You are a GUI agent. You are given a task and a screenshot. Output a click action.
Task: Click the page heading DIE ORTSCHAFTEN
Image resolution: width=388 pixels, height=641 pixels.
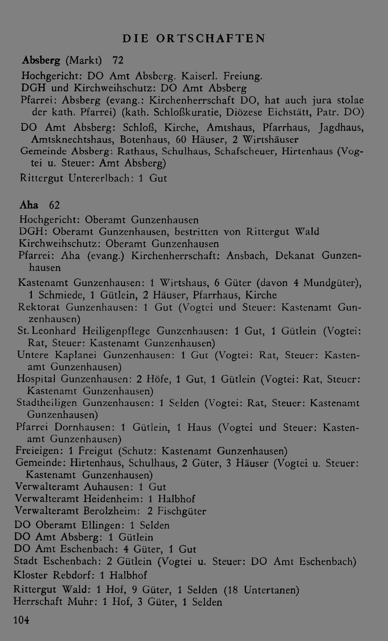pyautogui.click(x=194, y=38)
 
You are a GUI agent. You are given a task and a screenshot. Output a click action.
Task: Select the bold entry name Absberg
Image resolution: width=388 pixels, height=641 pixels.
pyautogui.click(x=41, y=60)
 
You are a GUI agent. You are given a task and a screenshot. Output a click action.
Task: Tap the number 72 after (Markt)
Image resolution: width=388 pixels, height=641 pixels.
pyautogui.click(x=118, y=60)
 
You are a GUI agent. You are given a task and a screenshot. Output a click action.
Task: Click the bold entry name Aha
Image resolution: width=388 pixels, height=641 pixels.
pyautogui.click(x=29, y=204)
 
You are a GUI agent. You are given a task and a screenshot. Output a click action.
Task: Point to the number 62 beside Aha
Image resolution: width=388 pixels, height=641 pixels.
pyautogui.click(x=54, y=204)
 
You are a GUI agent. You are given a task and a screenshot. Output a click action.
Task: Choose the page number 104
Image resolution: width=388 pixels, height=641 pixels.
pyautogui.click(x=21, y=620)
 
